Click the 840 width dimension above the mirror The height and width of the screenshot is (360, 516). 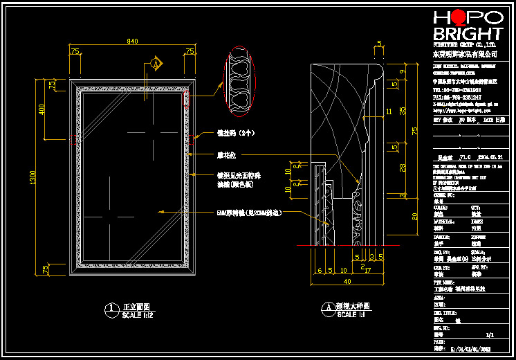(x=132, y=42)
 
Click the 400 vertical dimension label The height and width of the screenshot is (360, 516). (x=41, y=109)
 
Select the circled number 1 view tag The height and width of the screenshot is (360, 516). (x=109, y=308)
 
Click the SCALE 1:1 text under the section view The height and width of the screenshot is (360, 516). (x=353, y=316)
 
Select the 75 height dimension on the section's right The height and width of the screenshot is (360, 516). (x=415, y=132)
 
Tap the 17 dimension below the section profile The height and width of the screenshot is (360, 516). (x=369, y=270)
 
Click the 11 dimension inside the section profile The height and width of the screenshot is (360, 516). (x=389, y=111)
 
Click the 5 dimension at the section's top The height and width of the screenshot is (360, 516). (x=380, y=44)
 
